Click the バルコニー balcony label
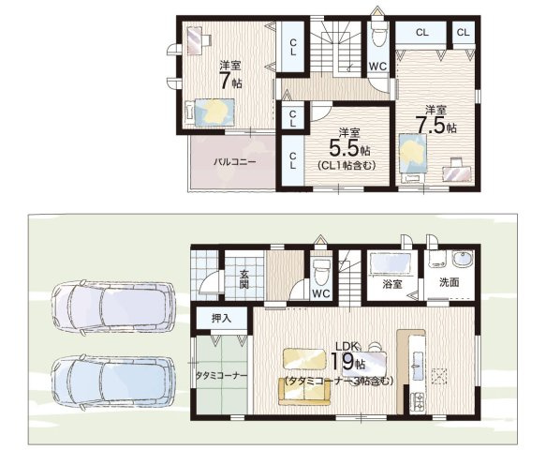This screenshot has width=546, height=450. [x=235, y=162]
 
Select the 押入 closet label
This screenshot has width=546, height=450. [x=221, y=318]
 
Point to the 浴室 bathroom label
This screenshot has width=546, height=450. [x=392, y=284]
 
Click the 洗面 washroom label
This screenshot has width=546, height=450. [x=449, y=282]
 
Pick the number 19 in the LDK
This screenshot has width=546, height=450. [x=342, y=361]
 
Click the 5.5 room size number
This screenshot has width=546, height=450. [x=344, y=148]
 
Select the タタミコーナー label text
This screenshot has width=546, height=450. [x=221, y=376]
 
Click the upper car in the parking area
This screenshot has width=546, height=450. [x=112, y=307]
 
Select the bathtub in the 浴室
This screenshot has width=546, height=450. [x=391, y=263]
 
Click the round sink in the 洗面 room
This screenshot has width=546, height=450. [x=462, y=259]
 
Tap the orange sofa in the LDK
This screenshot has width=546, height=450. [x=304, y=392]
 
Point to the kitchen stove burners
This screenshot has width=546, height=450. [x=417, y=401]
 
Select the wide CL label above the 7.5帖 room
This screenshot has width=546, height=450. [x=421, y=33]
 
